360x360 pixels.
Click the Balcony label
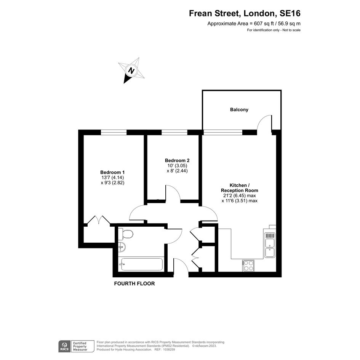[x=239, y=110]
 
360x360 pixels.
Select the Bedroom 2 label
[x=177, y=160]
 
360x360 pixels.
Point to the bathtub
[x=142, y=264]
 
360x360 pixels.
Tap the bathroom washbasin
[x=122, y=247]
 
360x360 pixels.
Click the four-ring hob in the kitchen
[x=248, y=266]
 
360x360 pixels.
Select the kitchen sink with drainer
[x=270, y=245]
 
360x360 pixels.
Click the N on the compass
[x=131, y=70]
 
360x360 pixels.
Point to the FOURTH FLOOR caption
[x=134, y=284]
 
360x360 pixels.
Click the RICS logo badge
[x=64, y=346]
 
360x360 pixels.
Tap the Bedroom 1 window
[x=114, y=133]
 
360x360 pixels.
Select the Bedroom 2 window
[x=174, y=133]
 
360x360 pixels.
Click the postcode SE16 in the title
[x=290, y=14]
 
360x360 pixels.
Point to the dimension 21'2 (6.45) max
[x=240, y=195]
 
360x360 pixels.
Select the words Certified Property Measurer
[x=80, y=346]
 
